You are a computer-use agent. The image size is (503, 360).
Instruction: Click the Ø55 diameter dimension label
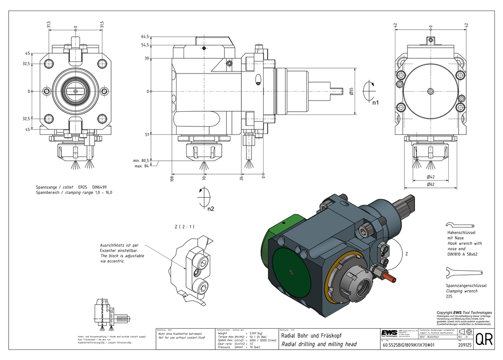tap(352, 91)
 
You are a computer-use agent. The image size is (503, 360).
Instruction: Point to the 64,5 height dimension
tap(145, 37)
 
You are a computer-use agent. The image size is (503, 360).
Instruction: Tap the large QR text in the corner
tap(484, 339)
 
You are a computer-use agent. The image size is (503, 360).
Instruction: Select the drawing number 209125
tap(465, 346)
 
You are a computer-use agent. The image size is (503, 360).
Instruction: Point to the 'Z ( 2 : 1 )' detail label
tap(184, 227)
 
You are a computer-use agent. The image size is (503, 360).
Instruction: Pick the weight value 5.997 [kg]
tap(260, 333)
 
